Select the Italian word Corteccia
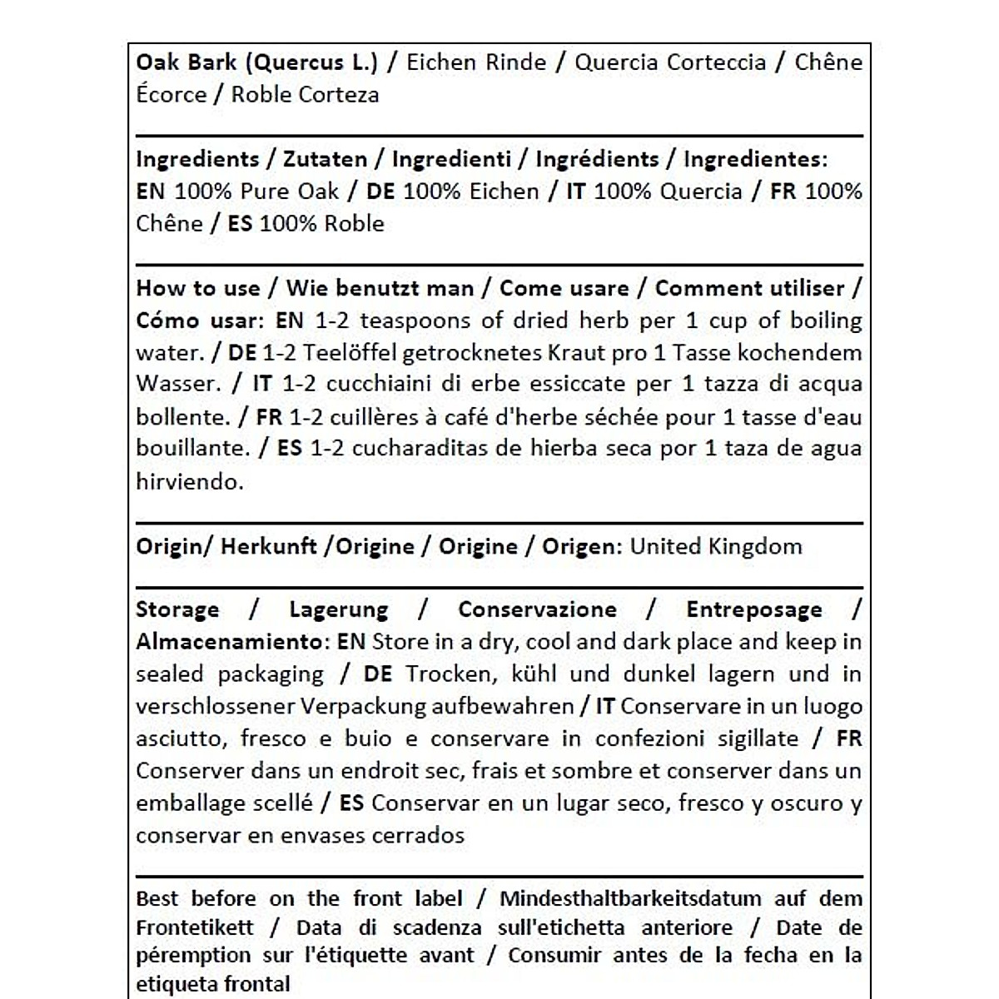[x=713, y=62]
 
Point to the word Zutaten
[x=326, y=159]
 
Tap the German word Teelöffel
[x=349, y=353]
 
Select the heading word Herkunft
[x=269, y=546]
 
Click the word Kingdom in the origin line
[x=755, y=546]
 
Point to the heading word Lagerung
[x=339, y=609]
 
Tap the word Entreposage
[x=754, y=609]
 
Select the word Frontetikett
[x=195, y=927]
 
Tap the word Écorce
[x=170, y=94]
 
